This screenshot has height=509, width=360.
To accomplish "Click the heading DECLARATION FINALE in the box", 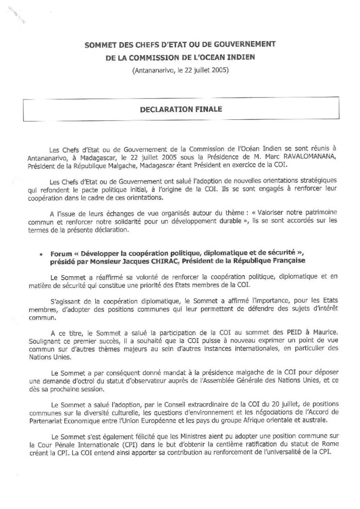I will [x=180, y=106].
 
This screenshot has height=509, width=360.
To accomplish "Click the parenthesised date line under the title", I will [x=180, y=70].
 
